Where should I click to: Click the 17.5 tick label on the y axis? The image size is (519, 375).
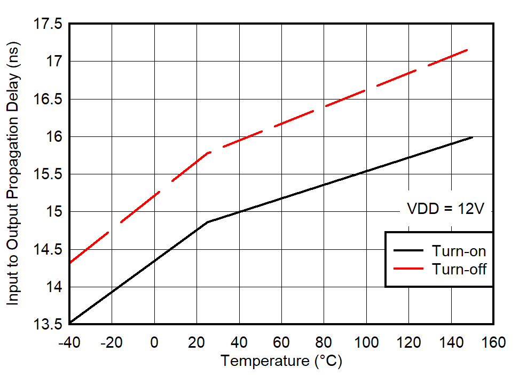point(47,25)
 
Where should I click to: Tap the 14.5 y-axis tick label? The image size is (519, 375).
point(47,250)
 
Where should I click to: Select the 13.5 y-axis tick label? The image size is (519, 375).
point(47,324)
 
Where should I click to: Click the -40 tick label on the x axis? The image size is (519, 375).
point(69,342)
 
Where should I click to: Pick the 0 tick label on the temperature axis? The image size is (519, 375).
point(154,342)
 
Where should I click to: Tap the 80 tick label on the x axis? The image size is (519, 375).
point(324,342)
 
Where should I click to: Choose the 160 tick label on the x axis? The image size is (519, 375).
point(493,342)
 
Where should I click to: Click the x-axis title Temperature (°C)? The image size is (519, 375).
point(281,361)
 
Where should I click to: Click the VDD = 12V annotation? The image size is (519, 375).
point(446,209)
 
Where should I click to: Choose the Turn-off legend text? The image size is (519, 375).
point(459,269)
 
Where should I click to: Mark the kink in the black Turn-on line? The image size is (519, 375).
point(207,221)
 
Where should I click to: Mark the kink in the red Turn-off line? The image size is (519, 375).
point(208,153)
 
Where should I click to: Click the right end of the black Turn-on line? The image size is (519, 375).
point(473,137)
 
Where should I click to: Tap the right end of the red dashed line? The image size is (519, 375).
point(467,50)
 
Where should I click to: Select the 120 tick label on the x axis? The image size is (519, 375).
point(408,342)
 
